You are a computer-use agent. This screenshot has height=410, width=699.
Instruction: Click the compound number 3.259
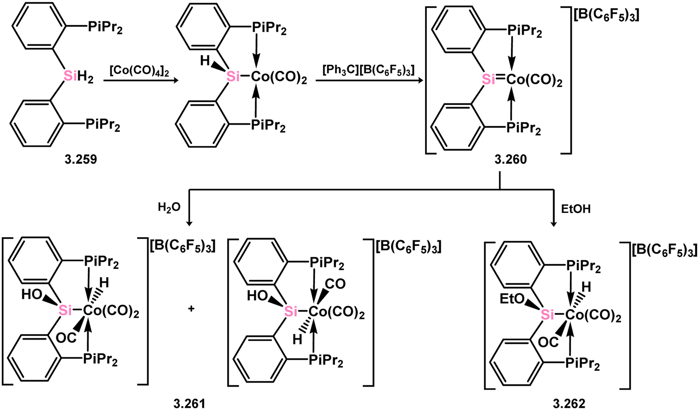click(81, 160)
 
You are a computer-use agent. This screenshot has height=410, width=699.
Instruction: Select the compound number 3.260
click(511, 160)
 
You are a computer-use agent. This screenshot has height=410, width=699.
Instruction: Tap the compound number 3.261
click(189, 404)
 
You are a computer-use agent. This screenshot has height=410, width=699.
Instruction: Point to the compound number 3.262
click(569, 404)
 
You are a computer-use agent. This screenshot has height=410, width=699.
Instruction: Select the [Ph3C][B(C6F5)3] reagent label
click(369, 71)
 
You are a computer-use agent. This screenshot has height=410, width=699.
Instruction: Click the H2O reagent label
click(169, 207)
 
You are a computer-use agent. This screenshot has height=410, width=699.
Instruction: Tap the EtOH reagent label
click(576, 209)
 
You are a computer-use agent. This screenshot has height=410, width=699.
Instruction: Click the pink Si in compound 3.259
click(70, 75)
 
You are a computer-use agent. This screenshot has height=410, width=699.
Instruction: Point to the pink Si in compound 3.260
click(488, 80)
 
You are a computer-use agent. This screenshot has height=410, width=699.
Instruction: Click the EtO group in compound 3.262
click(512, 299)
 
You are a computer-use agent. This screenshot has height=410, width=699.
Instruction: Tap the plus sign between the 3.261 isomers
click(191, 309)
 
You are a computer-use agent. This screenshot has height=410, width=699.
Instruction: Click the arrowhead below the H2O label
click(188, 223)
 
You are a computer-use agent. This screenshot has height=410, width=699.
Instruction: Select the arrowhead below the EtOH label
click(554, 223)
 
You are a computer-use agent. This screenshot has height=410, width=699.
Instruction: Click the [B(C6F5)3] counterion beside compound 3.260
click(606, 16)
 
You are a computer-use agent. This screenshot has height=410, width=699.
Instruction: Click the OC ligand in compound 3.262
click(548, 342)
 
